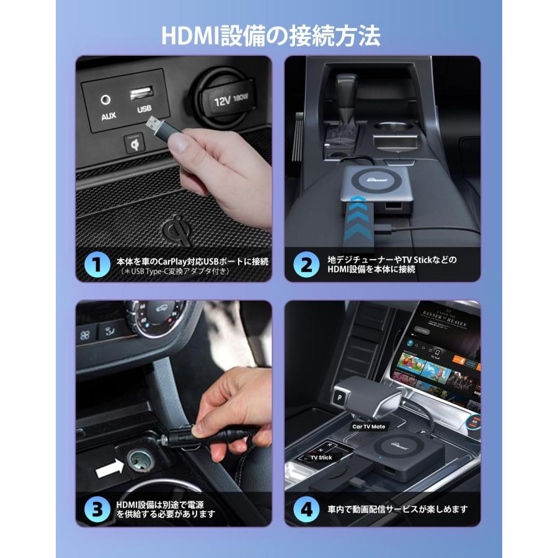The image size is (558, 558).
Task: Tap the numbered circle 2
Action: coord(306,265)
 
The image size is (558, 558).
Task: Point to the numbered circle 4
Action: coord(306,509)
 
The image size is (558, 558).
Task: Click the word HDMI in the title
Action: coord(187,35)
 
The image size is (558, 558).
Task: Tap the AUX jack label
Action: coord(108,116)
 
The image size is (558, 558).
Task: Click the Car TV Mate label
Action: coord(368,427)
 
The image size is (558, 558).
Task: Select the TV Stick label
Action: coord(321,458)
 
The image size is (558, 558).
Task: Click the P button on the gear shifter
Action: coord(340,395)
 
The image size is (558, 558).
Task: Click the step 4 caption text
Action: coord(397,509)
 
